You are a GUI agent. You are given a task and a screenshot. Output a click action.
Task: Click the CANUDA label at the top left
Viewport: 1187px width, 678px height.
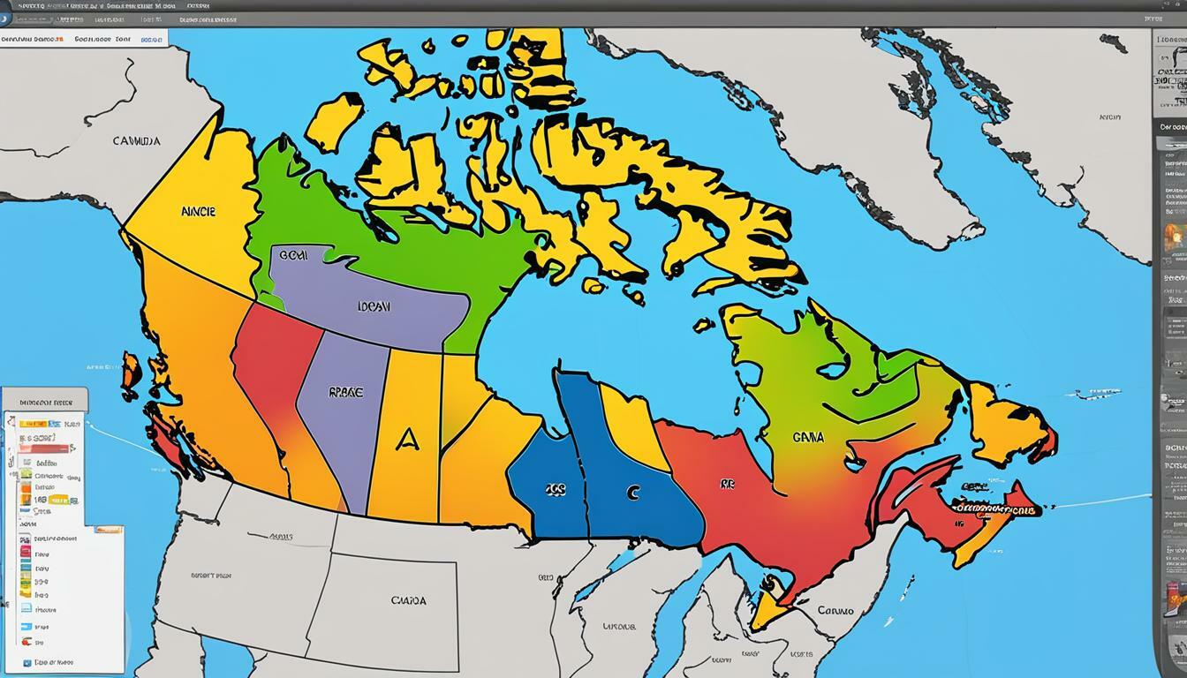click(136, 140)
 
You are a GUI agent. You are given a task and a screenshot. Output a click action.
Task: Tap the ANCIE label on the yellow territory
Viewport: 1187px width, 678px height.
click(198, 212)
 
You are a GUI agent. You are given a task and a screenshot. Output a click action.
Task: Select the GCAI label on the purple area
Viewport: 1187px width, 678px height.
click(292, 254)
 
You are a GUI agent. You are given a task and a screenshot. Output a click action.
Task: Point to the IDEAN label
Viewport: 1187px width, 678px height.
click(374, 306)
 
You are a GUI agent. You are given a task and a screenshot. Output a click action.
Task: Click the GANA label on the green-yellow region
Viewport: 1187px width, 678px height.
click(807, 437)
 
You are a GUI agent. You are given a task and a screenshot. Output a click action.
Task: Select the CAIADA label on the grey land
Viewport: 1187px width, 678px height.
click(408, 600)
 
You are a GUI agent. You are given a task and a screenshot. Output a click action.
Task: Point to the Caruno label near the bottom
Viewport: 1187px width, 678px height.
click(835, 610)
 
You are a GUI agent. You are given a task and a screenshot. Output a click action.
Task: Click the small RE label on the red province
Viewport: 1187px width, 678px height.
click(727, 484)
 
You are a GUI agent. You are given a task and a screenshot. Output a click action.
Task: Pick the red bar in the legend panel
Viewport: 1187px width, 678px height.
click(44, 448)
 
